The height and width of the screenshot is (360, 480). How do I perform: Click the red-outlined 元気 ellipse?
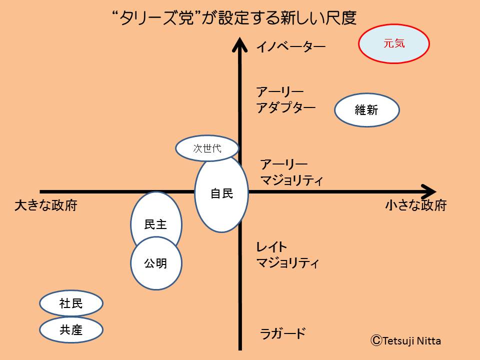[x=394, y=44]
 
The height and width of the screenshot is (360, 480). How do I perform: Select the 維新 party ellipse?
[x=366, y=110]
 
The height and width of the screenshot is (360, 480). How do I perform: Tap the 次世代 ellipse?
[x=207, y=148]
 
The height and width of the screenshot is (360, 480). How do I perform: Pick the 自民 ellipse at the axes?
[x=221, y=193]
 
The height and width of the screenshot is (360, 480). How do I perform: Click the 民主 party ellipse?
[x=155, y=220]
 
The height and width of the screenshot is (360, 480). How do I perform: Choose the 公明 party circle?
[x=155, y=263]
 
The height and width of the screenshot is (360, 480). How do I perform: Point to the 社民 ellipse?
[x=71, y=303]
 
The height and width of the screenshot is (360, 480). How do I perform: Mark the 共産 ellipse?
[x=71, y=329]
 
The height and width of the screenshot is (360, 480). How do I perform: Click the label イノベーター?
[x=290, y=47]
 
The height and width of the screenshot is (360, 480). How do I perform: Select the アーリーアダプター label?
[x=285, y=100]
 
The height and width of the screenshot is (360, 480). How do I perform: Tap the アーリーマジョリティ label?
[x=291, y=172]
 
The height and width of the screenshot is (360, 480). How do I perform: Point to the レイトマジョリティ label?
[x=287, y=255]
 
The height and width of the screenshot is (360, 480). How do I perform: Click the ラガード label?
[x=282, y=333]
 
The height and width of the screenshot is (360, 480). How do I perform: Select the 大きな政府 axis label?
[x=46, y=205]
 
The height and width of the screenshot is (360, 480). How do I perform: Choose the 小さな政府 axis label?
[x=415, y=205]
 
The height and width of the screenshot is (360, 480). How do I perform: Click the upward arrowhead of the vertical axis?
[x=240, y=44]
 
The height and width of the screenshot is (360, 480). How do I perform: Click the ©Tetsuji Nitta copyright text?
[x=405, y=341]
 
